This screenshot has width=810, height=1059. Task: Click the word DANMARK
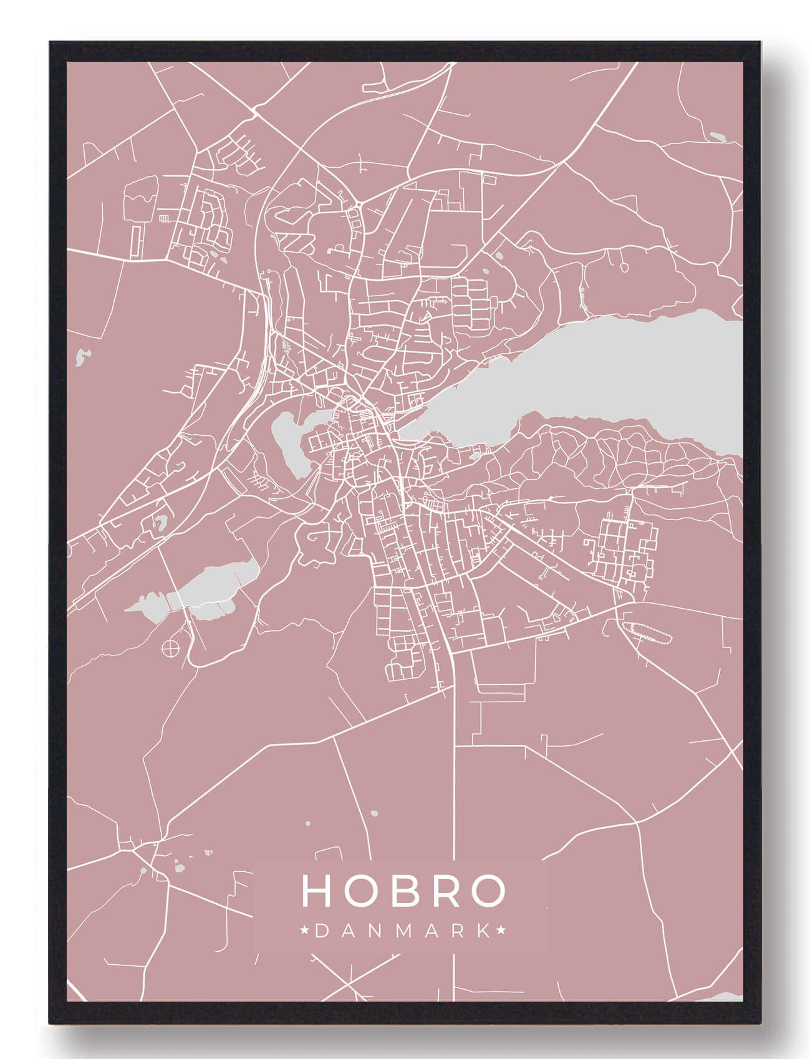pos(403,931)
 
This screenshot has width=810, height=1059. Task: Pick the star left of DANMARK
pos(305,931)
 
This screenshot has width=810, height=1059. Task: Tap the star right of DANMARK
pos(501,931)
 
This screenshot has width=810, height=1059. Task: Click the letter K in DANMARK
pos(483,931)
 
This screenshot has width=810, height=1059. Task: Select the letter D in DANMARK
pos(322,931)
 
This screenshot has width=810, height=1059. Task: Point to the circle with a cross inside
pos(170,648)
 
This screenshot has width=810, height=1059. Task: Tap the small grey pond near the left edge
pos(81,357)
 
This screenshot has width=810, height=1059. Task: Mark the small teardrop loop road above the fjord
pos(624,265)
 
